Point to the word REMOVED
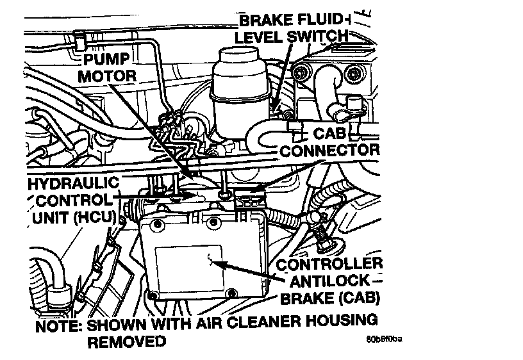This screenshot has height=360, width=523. (126, 341)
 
